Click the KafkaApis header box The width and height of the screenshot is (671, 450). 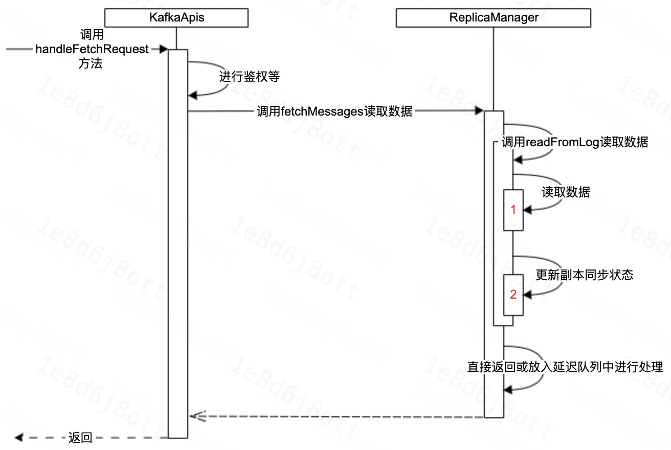[176, 18]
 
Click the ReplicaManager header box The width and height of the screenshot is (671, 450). [494, 18]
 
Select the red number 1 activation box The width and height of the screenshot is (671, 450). [513, 210]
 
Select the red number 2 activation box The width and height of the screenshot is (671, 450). [513, 295]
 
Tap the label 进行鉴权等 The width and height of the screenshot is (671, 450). [250, 77]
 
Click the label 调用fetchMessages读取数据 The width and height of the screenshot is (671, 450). [334, 111]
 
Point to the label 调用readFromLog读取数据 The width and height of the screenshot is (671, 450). [575, 142]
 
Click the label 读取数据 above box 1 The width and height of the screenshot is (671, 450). [566, 192]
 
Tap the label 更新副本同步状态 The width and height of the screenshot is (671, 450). [584, 275]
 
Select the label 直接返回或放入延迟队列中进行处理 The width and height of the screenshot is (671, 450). [565, 367]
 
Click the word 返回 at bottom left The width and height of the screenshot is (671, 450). [80, 438]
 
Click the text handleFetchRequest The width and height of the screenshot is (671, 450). [92, 49]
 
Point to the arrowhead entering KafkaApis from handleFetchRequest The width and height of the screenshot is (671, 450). [164, 49]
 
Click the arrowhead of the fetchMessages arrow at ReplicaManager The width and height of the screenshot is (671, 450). [479, 111]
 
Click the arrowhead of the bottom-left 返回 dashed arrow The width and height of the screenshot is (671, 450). [19, 438]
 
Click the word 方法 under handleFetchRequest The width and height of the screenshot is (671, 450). [91, 63]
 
